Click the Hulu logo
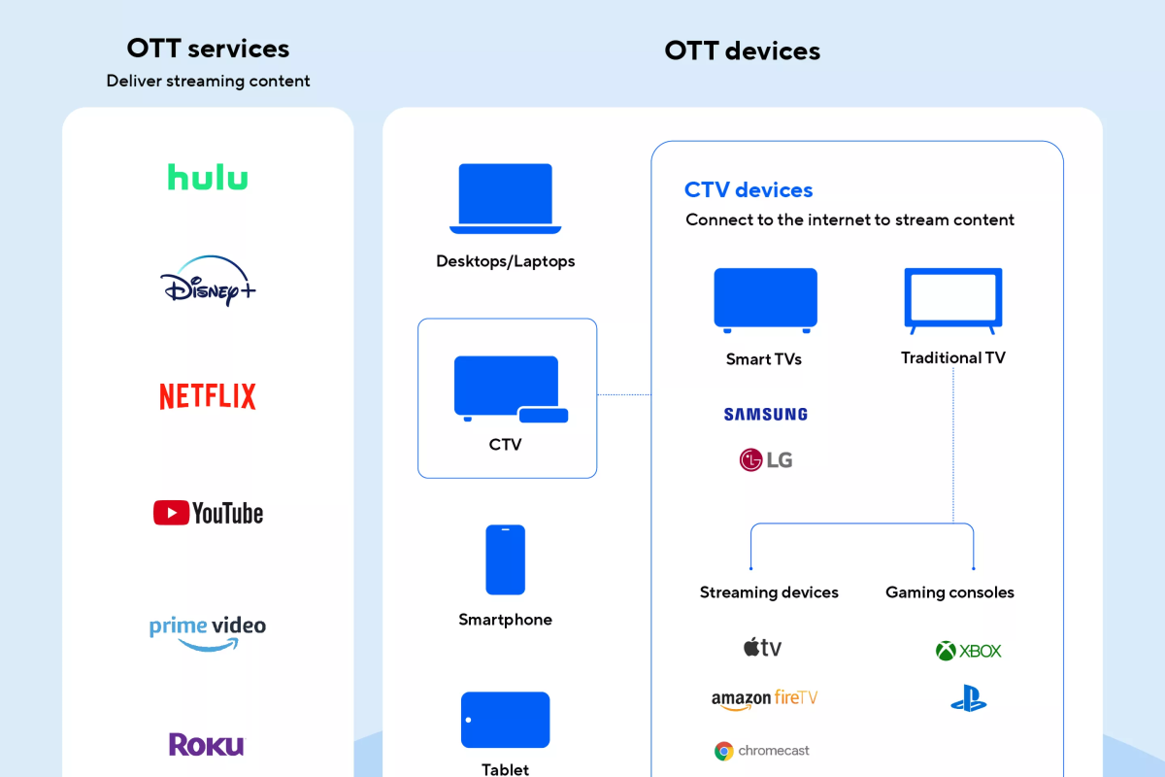(208, 177)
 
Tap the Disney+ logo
(208, 281)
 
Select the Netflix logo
(208, 396)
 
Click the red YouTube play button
(171, 513)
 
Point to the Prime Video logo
(208, 633)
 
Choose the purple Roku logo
(207, 745)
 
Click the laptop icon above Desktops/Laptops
(506, 199)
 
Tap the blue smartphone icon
(506, 559)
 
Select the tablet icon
(506, 720)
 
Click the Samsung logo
(766, 415)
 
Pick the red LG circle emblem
(750, 460)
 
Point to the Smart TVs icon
(766, 300)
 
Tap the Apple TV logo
(762, 648)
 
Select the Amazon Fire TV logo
(765, 699)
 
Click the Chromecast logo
(762, 751)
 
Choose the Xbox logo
(969, 651)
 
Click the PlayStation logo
(969, 698)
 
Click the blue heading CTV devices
(749, 190)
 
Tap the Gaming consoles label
(949, 592)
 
